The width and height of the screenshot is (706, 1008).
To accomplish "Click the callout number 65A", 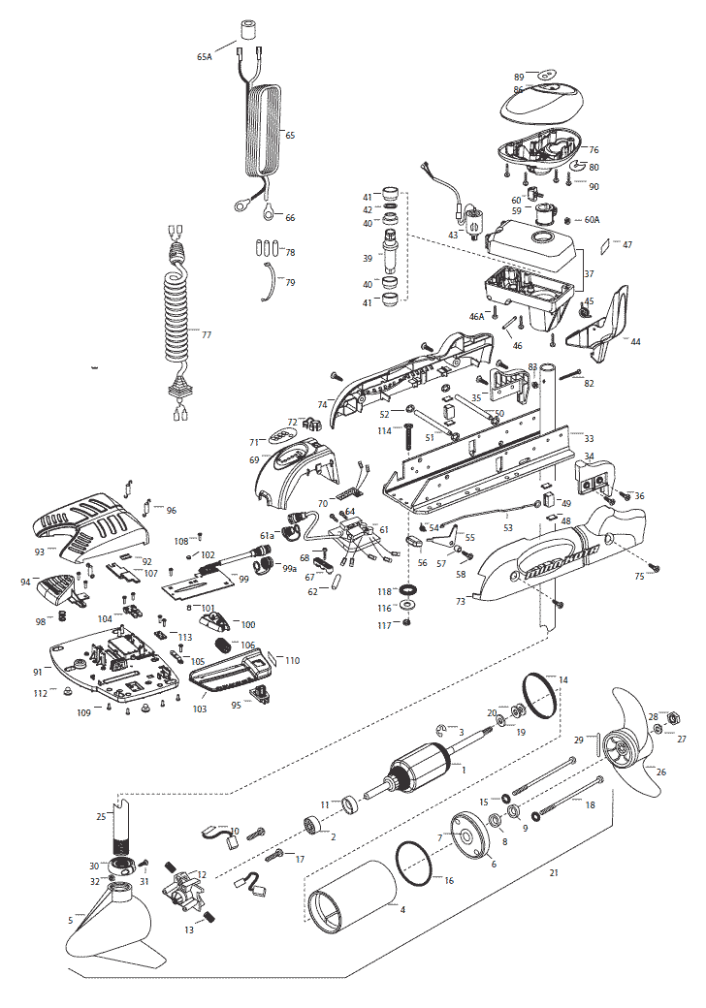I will point(204,57).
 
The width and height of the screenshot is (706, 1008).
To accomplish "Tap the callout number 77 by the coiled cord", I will point(206,334).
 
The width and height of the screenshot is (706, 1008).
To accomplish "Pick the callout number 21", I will point(554,873).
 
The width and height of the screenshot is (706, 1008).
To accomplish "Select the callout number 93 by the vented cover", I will point(40,551).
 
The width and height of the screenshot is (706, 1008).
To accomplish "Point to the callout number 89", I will point(520,76).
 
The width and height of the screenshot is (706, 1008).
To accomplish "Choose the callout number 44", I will point(635,341).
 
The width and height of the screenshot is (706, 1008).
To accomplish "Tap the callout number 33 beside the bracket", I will point(589,439).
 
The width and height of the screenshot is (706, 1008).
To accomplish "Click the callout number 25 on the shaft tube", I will point(100,817).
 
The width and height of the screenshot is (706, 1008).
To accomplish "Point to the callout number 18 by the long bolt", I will point(590,804).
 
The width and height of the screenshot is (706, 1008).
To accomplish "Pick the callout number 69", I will point(255,459).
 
